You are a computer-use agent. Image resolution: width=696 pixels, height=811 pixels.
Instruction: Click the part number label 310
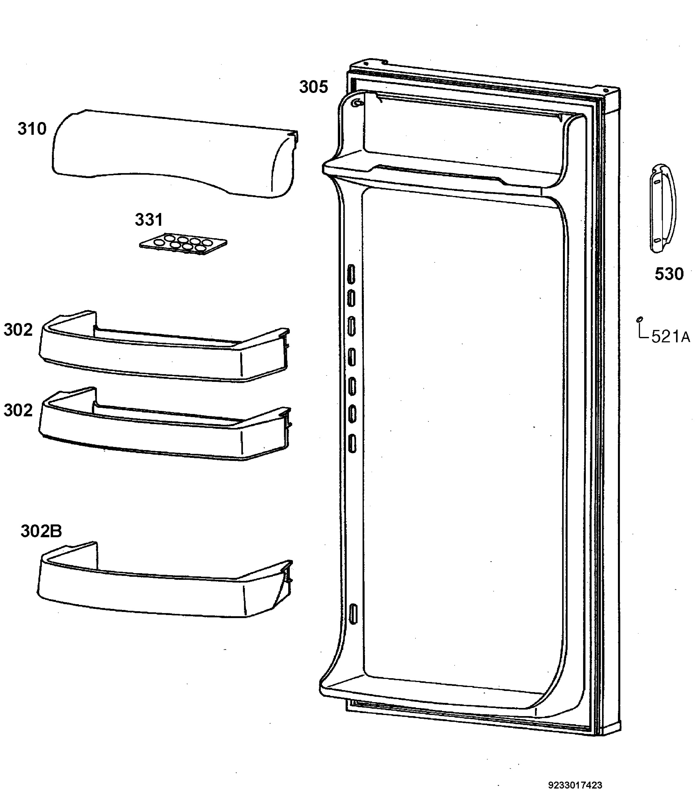coord(32,129)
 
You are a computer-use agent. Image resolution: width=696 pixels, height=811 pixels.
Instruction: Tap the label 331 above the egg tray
coord(149,220)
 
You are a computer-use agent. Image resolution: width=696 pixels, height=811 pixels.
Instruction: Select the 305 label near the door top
coord(314,87)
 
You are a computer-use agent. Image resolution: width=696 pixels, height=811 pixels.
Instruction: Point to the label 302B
coord(41,531)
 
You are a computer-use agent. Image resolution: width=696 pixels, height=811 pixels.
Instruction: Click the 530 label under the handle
coord(669,274)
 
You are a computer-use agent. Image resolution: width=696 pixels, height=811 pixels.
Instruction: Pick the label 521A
coord(671,337)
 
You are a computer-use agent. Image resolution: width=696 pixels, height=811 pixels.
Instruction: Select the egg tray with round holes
coord(183,245)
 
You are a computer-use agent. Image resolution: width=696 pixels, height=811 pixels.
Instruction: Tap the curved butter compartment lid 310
coord(174,153)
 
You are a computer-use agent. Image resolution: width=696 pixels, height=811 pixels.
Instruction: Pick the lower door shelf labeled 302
coord(165,424)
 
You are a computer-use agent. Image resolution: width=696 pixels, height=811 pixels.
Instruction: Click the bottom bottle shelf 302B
coord(165,580)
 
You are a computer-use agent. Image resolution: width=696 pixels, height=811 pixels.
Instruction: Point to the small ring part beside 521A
coord(640,320)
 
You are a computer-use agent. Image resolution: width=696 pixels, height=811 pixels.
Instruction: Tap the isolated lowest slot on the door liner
coord(353,614)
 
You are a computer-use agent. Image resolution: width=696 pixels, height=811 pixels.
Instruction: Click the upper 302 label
coord(18,330)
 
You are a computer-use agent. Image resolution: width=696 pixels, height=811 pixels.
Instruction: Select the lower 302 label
coord(18,410)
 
